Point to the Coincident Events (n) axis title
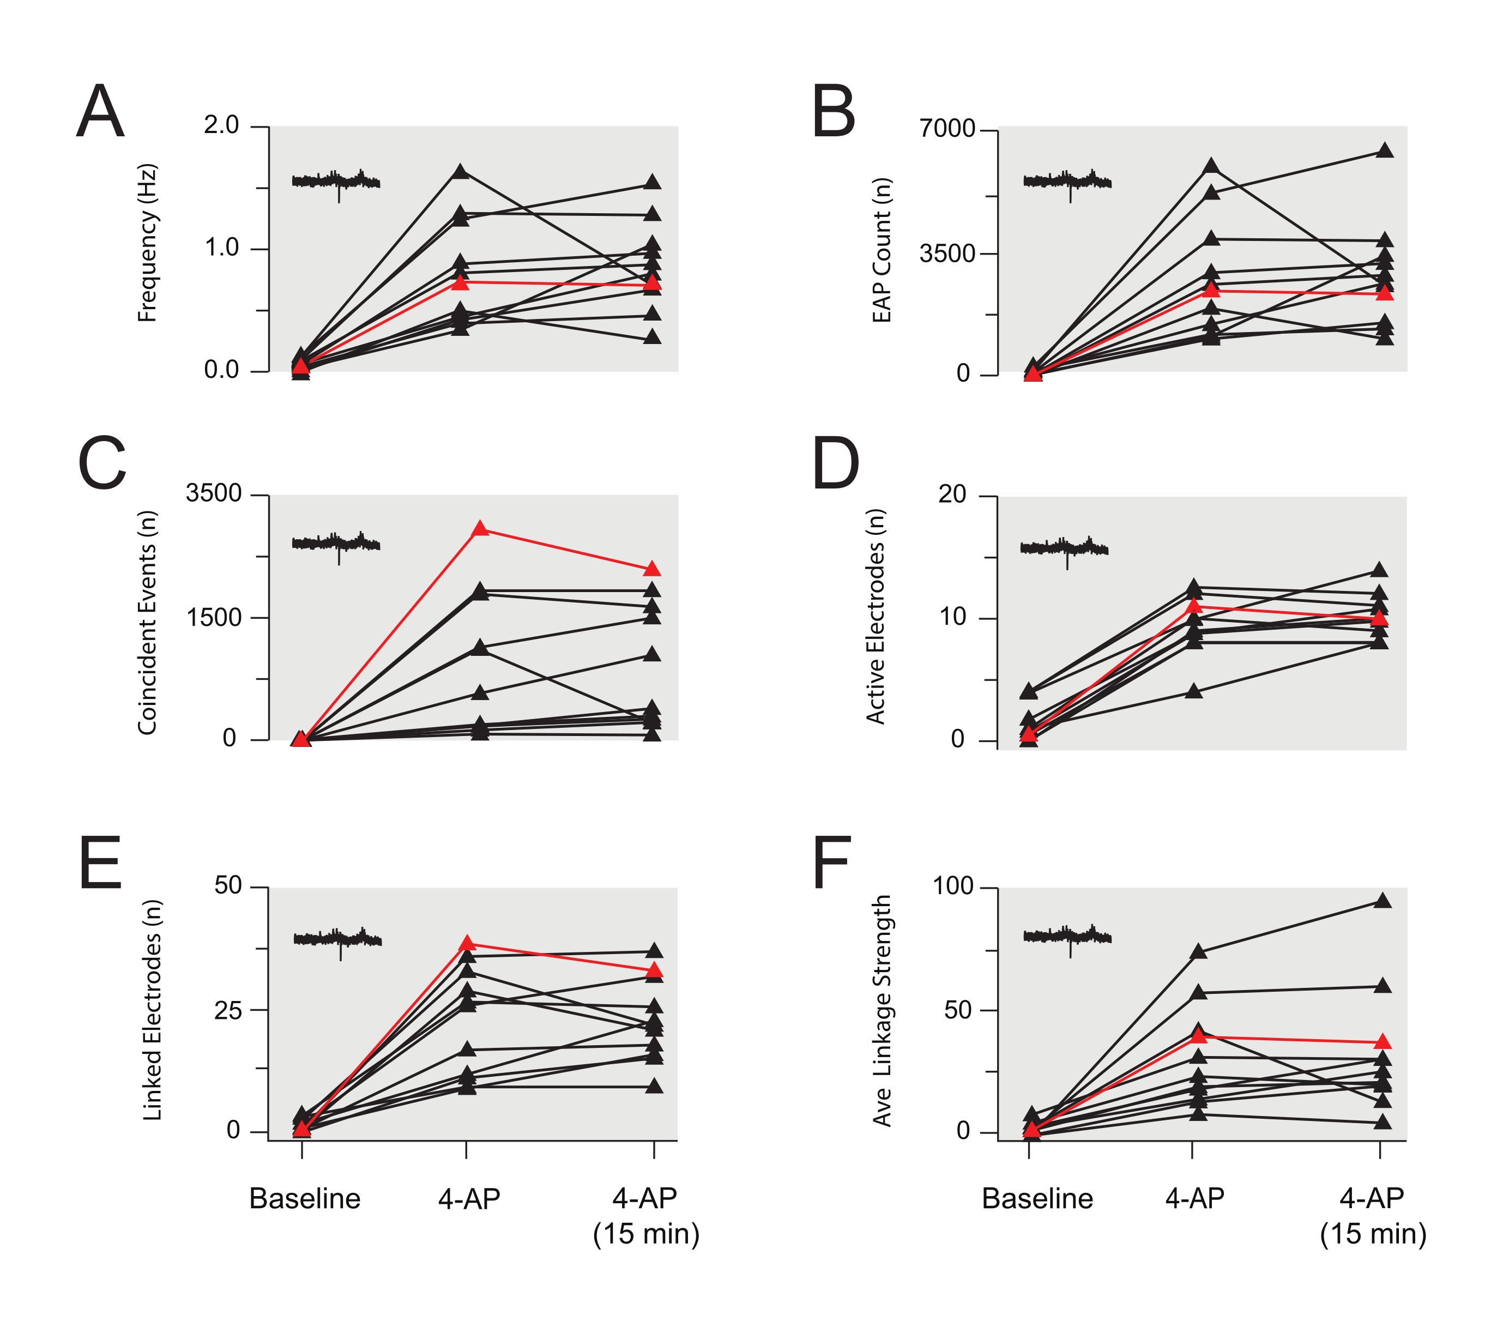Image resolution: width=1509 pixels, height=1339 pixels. click(x=148, y=622)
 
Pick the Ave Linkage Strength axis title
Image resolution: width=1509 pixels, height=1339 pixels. click(x=882, y=1011)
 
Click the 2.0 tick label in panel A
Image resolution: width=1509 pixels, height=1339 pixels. click(x=221, y=125)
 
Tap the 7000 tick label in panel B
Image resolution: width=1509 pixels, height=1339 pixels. click(x=947, y=129)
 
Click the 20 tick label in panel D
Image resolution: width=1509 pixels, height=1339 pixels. click(x=952, y=494)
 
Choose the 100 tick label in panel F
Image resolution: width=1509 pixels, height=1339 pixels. click(x=953, y=886)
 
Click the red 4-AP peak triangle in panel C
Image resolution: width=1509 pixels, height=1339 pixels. click(x=480, y=528)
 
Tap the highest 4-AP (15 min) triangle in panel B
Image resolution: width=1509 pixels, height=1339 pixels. click(x=1385, y=150)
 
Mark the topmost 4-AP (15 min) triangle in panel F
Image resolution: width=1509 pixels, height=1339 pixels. click(x=1383, y=901)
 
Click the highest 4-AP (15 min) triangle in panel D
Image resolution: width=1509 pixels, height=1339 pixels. click(x=1378, y=570)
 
